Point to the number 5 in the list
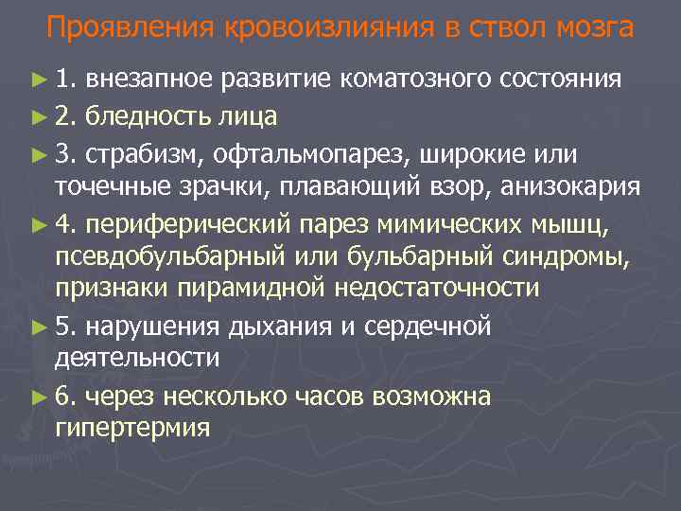point(63,328)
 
